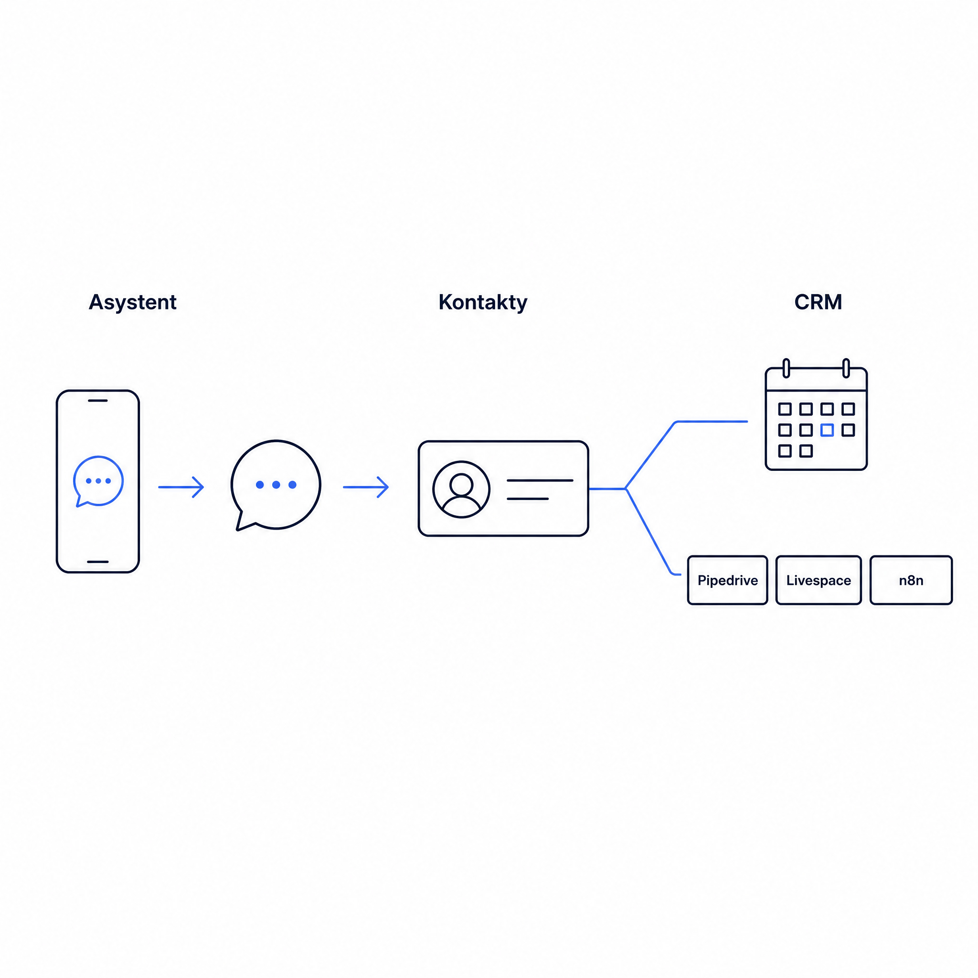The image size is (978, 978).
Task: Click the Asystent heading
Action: tap(133, 302)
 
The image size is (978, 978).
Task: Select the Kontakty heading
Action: tap(483, 302)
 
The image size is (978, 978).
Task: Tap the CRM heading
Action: tap(818, 302)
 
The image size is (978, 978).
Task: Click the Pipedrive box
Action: tap(727, 580)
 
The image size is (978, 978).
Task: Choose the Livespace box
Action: tap(819, 580)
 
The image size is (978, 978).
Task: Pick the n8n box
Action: tap(911, 580)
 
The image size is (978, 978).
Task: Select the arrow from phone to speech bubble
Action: tap(181, 487)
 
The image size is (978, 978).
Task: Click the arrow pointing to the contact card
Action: tap(366, 487)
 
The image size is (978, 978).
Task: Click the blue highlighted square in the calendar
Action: tap(827, 430)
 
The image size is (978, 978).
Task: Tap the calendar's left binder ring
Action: tap(786, 368)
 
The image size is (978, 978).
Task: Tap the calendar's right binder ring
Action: tap(846, 368)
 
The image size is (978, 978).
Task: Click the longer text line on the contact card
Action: tap(540, 480)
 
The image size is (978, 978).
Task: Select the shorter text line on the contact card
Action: tap(528, 499)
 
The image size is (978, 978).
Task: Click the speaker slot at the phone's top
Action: tap(98, 400)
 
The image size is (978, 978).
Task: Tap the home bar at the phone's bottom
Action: tap(98, 562)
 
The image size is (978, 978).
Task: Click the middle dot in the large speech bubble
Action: tap(276, 485)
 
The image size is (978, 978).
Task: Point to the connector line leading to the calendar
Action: tap(658, 446)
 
